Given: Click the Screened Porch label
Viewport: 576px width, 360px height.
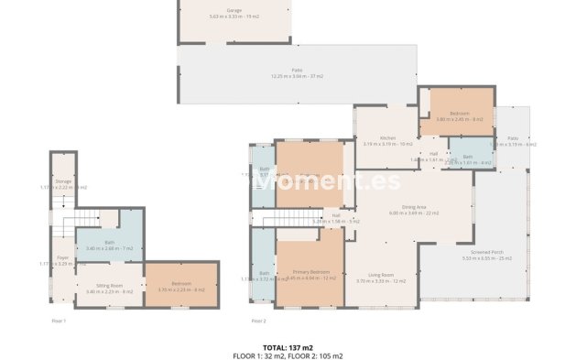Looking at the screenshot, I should point(481,255).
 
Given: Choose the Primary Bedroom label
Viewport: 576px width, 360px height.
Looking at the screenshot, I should point(311,273).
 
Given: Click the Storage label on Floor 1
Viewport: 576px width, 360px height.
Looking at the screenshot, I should point(62,183).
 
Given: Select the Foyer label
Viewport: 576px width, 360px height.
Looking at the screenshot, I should point(61,259).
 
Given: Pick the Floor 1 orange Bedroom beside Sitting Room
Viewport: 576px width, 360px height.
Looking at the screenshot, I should point(181,286).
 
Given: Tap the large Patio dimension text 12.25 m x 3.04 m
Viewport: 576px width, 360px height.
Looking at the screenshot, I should point(298,76).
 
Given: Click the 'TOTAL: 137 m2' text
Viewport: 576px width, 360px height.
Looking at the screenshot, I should point(288,347).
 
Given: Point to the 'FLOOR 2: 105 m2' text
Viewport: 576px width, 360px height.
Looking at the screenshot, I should point(316,355).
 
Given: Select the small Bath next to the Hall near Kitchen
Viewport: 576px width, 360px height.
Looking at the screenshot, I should point(467,158).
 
